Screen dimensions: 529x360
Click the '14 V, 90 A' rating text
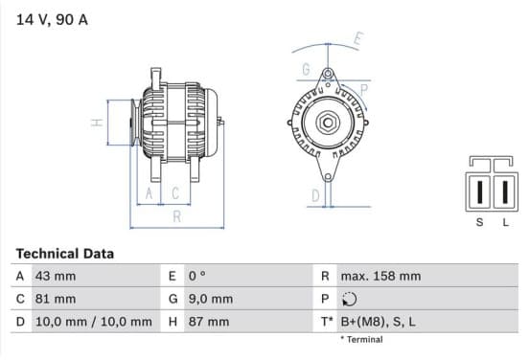[x=52, y=19]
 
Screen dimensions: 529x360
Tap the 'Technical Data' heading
[x=65, y=254]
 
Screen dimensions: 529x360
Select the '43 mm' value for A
[x=56, y=276]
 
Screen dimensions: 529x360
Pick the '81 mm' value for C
[x=56, y=299]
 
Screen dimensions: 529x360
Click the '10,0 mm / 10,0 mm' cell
[x=94, y=322]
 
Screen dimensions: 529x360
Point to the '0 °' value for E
[x=197, y=276]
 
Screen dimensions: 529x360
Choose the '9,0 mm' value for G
[x=211, y=299]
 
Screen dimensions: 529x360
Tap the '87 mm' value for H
[x=209, y=322]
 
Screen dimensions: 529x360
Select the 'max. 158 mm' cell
[x=380, y=276]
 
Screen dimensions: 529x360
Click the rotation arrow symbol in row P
[x=349, y=299]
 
